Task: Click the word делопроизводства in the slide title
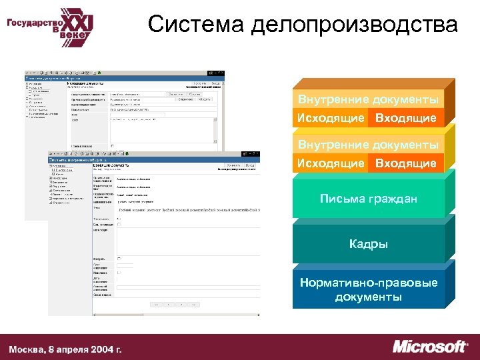(x=355, y=25)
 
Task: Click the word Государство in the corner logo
(x=31, y=22)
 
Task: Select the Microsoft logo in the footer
(x=430, y=347)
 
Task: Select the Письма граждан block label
(x=368, y=199)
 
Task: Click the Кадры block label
(x=368, y=244)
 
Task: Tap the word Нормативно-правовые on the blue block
(x=368, y=283)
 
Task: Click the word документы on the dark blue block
(x=368, y=296)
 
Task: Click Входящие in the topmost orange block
(x=405, y=118)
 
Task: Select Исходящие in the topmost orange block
(x=331, y=118)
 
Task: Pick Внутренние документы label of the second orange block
(x=368, y=145)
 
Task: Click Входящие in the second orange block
(x=405, y=163)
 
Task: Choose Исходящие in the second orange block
(x=331, y=163)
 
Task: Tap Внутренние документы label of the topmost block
(x=368, y=100)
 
